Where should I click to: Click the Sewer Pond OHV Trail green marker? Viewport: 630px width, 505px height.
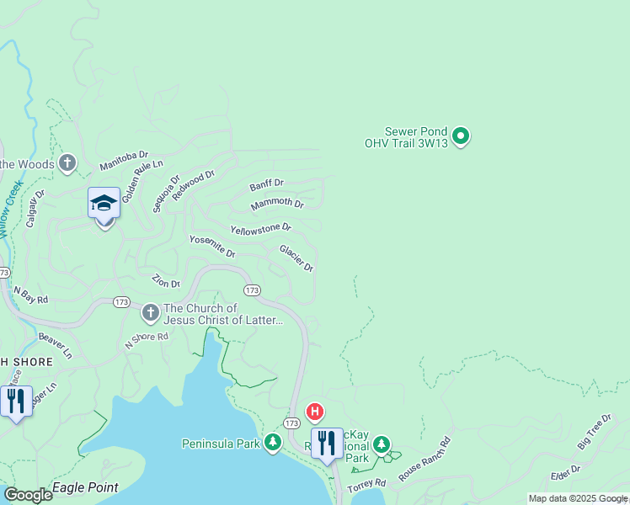461,136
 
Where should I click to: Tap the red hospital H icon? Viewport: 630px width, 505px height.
315,412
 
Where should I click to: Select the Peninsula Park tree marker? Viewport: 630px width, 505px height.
272,443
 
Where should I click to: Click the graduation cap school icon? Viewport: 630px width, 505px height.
104,203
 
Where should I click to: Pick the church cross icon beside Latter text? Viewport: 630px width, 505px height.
151,313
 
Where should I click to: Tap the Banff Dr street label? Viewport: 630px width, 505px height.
267,183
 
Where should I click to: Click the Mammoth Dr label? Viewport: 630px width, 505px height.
277,204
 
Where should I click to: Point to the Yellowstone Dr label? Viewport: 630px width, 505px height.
260,228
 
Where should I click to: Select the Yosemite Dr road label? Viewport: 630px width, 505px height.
211,247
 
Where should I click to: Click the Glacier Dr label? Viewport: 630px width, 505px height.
296,258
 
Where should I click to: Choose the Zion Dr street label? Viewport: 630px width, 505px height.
166,280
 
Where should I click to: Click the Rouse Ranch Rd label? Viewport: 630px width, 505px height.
425,459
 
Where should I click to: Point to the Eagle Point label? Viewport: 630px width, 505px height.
85,487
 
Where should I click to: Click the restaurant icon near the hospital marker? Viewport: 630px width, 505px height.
327,444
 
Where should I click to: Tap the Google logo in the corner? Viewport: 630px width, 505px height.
28,495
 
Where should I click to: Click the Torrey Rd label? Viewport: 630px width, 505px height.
366,484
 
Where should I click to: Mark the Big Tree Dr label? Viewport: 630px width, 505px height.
594,432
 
